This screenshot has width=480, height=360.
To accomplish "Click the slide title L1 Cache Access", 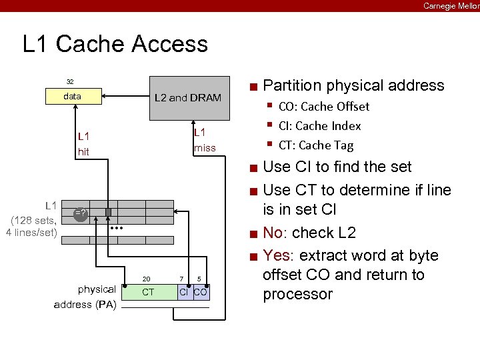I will (115, 44).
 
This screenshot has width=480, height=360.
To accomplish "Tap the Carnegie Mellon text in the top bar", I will (451, 6).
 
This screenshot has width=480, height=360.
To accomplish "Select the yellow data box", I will (72, 97).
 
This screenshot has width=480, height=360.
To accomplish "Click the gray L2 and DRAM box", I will (188, 97).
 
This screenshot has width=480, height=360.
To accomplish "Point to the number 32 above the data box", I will (70, 81).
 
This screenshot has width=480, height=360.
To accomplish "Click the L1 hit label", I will (83, 144).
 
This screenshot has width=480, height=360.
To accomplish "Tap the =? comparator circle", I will (81, 213).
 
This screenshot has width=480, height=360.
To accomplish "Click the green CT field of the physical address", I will (149, 292).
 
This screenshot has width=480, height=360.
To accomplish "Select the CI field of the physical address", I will (184, 292).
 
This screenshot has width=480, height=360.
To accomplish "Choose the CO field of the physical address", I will (201, 292).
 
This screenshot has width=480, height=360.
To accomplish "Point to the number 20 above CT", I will (147, 279).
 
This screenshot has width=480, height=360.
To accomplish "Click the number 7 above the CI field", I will (181, 279).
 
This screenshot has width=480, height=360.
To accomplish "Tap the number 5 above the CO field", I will (199, 279).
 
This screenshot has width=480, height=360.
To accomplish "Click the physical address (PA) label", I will (85, 297).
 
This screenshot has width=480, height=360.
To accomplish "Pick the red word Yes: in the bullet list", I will (280, 255).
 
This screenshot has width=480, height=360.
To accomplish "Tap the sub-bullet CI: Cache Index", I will (319, 126).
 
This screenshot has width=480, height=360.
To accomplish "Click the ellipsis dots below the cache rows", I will (117, 228).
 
